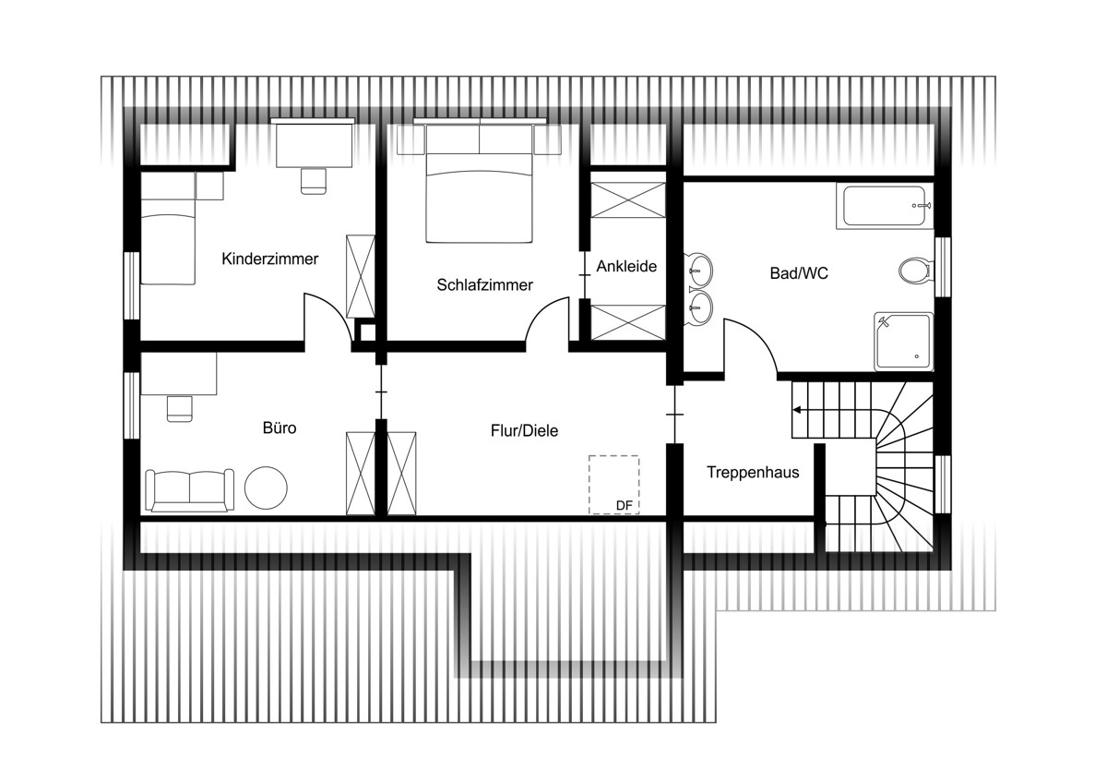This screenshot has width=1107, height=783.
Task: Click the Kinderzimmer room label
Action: [269, 259]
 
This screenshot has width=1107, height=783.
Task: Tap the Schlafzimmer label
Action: [485, 285]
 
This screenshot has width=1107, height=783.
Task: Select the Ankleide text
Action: [626, 266]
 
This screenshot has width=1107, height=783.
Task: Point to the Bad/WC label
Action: [799, 273]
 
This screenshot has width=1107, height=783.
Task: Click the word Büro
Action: [280, 428]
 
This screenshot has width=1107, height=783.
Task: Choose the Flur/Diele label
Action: [524, 431]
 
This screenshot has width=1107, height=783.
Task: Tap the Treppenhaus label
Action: [753, 473]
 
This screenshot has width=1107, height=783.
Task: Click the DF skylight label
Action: [625, 505]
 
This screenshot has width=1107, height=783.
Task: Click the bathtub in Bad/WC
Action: [884, 206]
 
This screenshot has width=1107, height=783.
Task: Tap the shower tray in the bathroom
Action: [903, 342]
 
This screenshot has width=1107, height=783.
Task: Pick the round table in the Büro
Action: [266, 488]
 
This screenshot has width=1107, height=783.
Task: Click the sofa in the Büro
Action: [190, 490]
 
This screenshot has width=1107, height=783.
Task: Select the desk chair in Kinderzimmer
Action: [314, 181]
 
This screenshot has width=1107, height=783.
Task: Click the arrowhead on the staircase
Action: [797, 410]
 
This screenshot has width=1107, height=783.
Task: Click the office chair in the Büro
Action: [179, 409]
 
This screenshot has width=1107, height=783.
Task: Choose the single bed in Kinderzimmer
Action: [168, 228]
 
